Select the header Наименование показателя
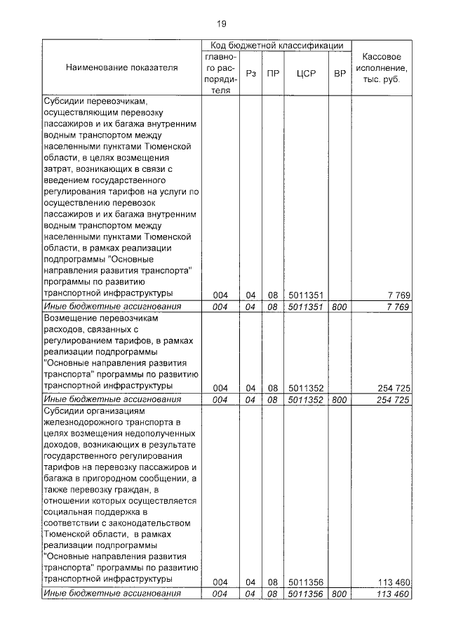(x=122, y=68)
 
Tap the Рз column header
(x=250, y=73)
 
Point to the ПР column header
(x=273, y=73)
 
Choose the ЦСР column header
(x=304, y=73)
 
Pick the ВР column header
(x=340, y=73)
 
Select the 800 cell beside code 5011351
(x=340, y=307)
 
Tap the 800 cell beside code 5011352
(x=340, y=399)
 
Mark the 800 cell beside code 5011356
(x=340, y=594)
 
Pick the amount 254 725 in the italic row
(x=392, y=399)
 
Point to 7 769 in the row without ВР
(x=398, y=295)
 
